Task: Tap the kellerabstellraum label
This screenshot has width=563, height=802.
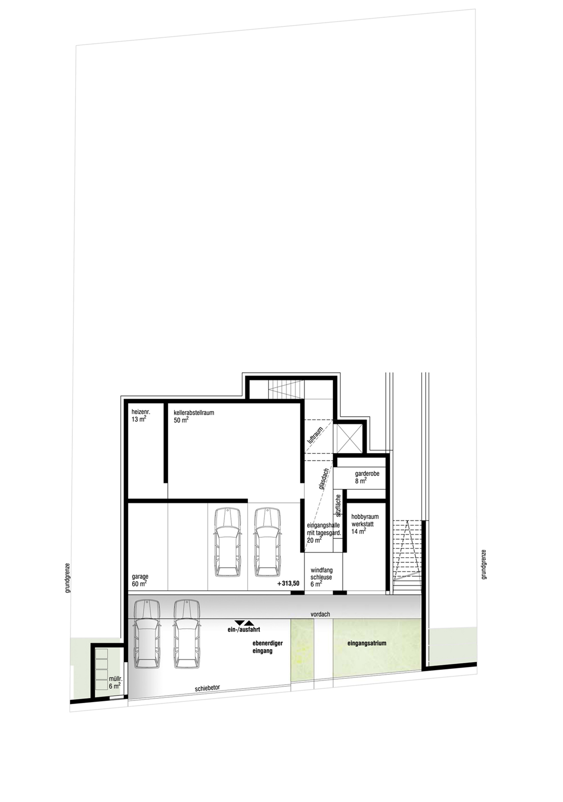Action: pos(194,416)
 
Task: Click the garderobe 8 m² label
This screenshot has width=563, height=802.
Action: pos(367,477)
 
